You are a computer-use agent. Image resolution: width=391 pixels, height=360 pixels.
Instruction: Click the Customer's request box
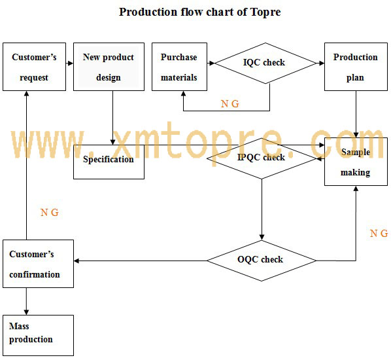[x=34, y=67]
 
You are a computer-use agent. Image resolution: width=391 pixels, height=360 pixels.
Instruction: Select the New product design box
[x=109, y=67]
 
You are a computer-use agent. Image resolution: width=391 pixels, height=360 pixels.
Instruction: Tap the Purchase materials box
[x=179, y=67]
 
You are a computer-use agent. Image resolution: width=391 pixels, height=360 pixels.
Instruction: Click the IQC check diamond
[x=265, y=63]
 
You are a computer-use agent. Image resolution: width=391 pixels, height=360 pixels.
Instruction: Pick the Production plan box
[x=356, y=67]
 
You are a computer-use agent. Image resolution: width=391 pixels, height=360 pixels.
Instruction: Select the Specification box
[x=109, y=162]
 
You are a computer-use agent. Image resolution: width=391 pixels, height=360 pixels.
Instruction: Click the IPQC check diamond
[x=262, y=158]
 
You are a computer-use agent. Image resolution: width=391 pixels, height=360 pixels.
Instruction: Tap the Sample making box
[x=356, y=162]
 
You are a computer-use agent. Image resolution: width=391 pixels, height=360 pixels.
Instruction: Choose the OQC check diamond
[x=262, y=261]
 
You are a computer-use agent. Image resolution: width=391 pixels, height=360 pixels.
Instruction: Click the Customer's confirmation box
[x=38, y=264]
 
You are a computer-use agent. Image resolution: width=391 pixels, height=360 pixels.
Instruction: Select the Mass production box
[x=38, y=335]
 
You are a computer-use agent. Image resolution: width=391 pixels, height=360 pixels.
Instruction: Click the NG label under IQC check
[x=230, y=103]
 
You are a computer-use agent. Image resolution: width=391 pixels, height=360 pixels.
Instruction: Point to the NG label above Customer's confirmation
[x=50, y=213]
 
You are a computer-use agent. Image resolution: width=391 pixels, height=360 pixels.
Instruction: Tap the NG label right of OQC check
[x=379, y=234]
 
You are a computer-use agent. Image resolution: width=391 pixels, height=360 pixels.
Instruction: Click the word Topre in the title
[x=265, y=12]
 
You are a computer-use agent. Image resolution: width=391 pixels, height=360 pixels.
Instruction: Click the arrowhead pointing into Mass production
[x=26, y=312]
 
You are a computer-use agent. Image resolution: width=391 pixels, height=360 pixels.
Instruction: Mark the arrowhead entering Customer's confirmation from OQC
[x=76, y=261]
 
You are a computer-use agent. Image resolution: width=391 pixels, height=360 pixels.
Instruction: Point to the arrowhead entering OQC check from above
[x=262, y=237]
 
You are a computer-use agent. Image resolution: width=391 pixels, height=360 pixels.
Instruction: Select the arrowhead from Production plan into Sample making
[x=356, y=135]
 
